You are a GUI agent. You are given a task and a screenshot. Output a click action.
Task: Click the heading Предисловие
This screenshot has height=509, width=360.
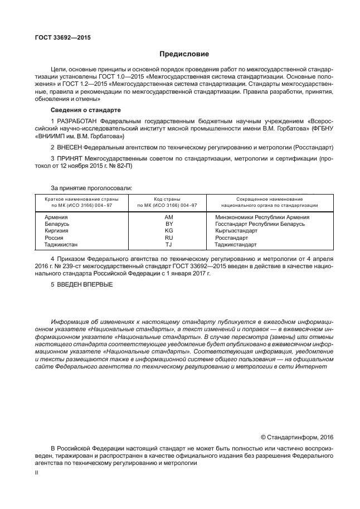pos(184,55)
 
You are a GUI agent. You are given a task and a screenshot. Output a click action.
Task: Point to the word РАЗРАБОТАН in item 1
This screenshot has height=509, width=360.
pos(76,121)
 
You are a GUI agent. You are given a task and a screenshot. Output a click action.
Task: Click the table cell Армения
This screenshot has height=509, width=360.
pos(56,217)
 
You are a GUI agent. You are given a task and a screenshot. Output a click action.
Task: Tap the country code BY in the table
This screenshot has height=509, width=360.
pos(169,224)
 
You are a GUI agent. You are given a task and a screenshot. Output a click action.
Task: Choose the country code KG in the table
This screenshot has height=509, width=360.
pos(169,230)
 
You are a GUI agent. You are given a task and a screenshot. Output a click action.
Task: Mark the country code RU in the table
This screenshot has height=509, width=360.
pos(169,237)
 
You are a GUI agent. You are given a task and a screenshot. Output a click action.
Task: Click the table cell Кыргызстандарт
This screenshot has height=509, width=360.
pos(236,230)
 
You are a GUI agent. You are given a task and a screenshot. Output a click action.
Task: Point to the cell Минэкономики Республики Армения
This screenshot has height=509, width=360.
pos(262,217)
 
